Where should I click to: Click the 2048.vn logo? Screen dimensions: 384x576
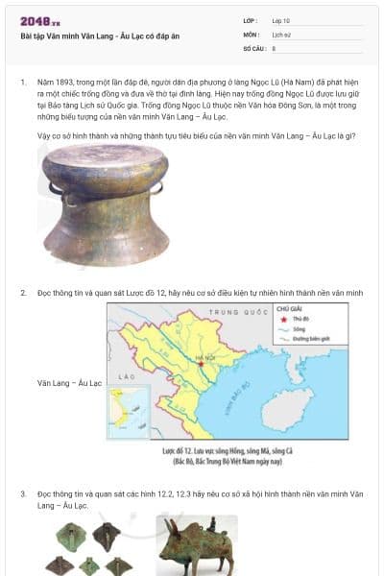(x=40, y=21)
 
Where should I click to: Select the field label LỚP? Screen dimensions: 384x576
(x=251, y=20)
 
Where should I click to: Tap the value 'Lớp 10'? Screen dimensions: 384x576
(x=282, y=20)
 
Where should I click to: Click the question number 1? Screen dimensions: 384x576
(x=22, y=84)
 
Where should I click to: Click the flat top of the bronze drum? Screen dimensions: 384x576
(x=91, y=156)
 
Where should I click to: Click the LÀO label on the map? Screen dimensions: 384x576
(x=124, y=377)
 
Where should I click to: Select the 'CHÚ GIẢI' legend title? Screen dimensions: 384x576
(x=289, y=309)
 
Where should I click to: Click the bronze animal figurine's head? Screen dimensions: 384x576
(x=171, y=531)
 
